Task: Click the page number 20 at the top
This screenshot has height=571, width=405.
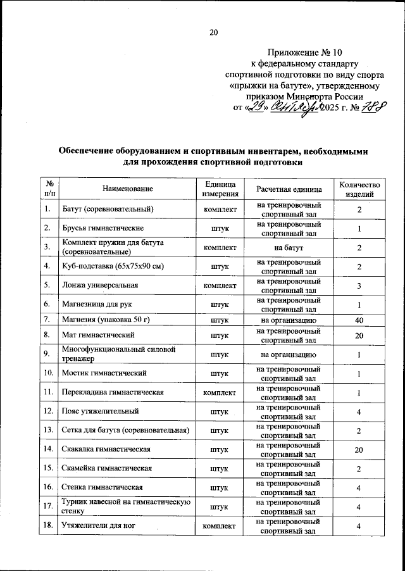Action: click(213, 33)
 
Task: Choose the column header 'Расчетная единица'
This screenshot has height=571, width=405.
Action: click(289, 189)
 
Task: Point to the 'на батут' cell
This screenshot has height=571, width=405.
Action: click(289, 248)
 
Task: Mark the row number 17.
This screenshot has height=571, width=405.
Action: click(48, 506)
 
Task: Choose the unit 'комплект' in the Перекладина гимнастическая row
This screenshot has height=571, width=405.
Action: click(220, 392)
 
